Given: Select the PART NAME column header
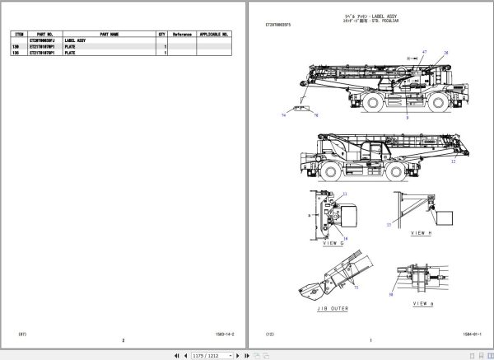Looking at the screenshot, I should coord(110,35).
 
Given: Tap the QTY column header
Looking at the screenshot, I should coord(161,35).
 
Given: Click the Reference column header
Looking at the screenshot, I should coord(181,35).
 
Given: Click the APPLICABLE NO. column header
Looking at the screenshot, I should coord(216,35).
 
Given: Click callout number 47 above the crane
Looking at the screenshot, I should coord(425,52).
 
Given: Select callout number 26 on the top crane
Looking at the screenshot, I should coord(445,53).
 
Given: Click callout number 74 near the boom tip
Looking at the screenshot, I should coord(284,115).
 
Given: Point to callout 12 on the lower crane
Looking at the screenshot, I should coord(452,162).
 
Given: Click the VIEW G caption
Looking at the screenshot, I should coord(333,245).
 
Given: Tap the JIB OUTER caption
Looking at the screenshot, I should coord(333,311).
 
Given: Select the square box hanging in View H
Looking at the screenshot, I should coord(445,217).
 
